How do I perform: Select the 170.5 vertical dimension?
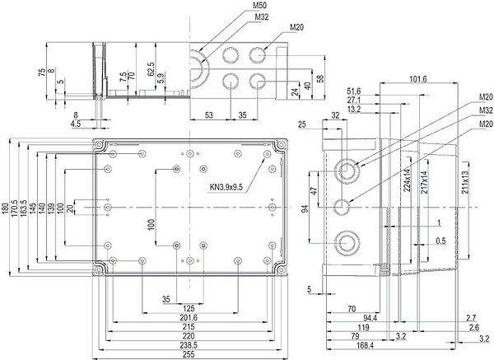click(x=16, y=211)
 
